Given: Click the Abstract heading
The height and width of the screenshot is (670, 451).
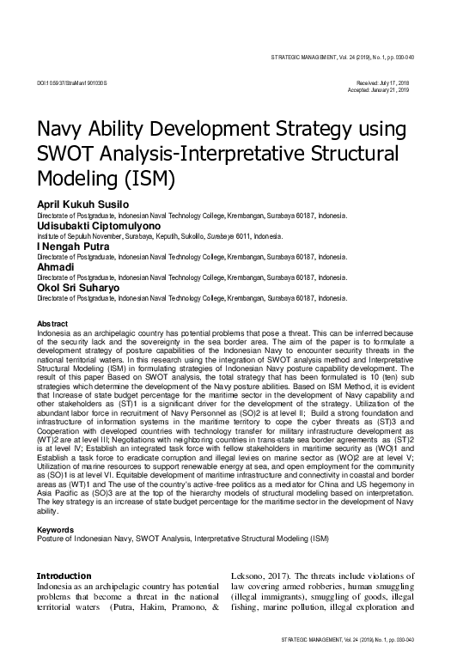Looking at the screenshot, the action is pos(52,324).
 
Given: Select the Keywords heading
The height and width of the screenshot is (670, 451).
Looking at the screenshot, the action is pos(54,531).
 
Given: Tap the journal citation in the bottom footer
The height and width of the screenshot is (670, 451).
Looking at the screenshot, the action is pos(342,640).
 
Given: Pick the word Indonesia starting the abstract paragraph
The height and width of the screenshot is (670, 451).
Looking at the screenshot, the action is pos(54,332).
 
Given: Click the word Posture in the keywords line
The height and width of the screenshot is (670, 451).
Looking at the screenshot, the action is pos(50,539).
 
